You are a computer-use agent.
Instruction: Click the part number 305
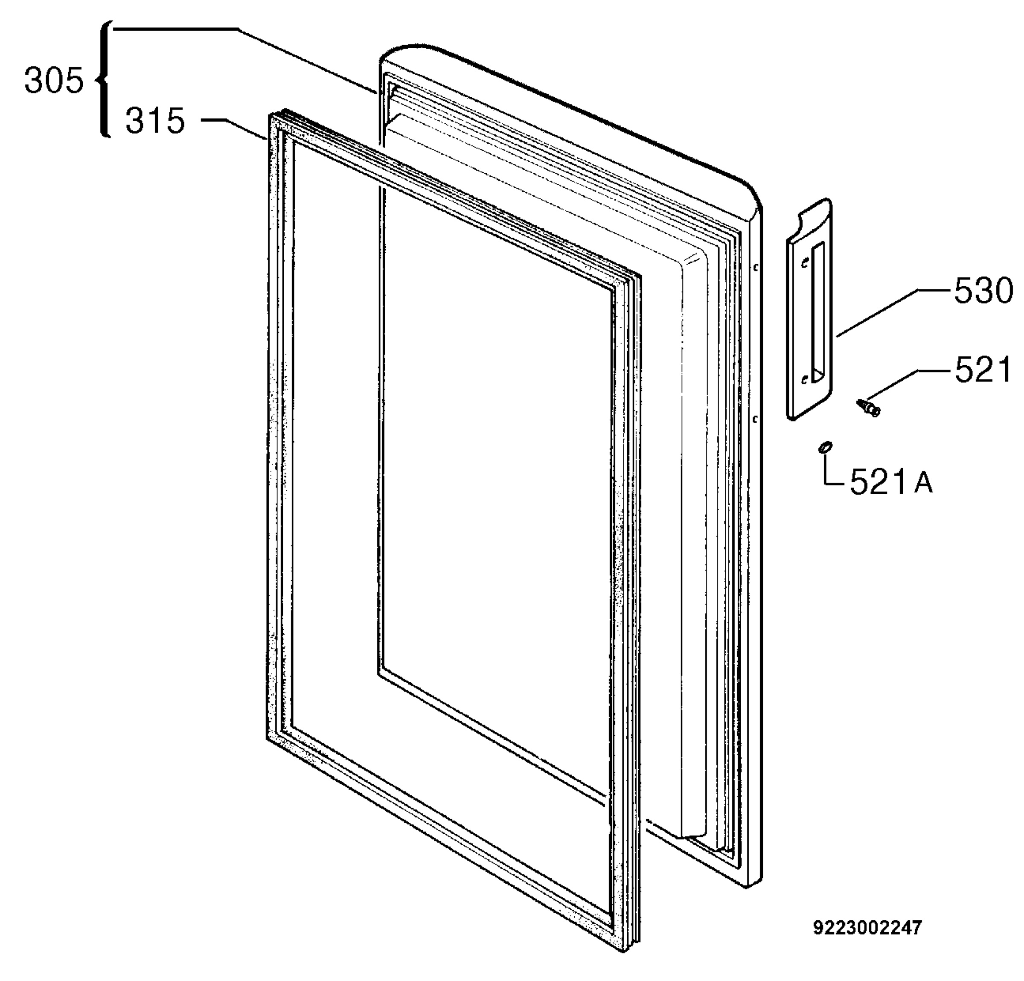54,82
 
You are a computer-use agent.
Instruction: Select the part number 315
155,121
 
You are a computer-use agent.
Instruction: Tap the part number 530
983,291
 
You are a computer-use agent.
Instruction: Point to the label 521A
891,482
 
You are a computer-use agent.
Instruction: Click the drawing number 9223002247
868,928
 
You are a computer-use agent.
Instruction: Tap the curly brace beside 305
103,79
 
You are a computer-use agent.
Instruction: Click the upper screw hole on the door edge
756,268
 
